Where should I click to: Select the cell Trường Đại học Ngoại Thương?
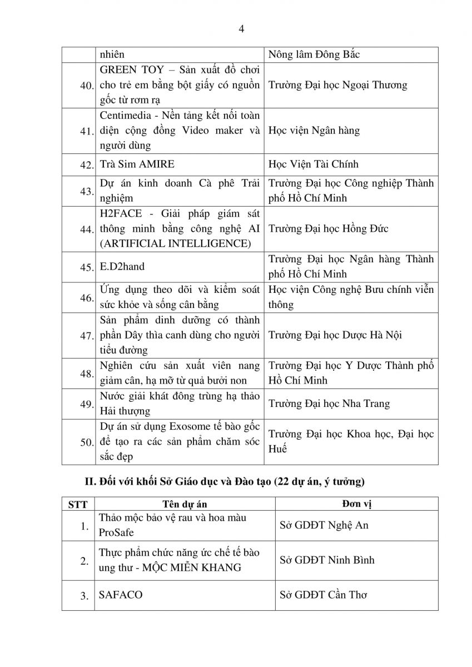coord(337,85)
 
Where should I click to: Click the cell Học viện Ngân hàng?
coord(314,131)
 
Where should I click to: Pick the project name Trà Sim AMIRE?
coord(136,165)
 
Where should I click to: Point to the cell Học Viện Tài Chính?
coord(313,165)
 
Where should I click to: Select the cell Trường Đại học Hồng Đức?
coord(328,228)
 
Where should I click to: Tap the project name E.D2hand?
coord(122,267)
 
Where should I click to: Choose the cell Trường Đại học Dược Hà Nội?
coord(335,335)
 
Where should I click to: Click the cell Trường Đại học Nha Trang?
coord(329,404)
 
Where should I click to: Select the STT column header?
coord(77,505)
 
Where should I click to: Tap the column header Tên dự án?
coord(185,504)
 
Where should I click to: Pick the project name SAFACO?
coord(120,595)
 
